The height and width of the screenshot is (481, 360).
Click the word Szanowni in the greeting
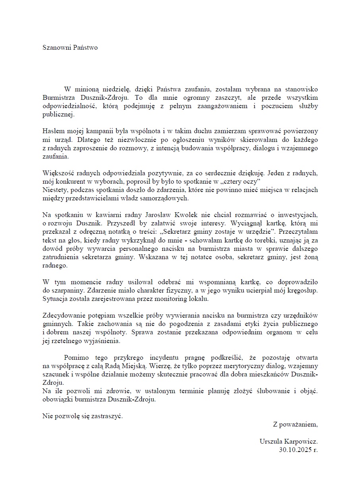[55, 47]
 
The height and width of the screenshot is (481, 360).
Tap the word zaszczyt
[205, 97]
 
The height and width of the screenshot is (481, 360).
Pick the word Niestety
[54, 190]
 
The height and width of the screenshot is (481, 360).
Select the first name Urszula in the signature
[271, 441]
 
